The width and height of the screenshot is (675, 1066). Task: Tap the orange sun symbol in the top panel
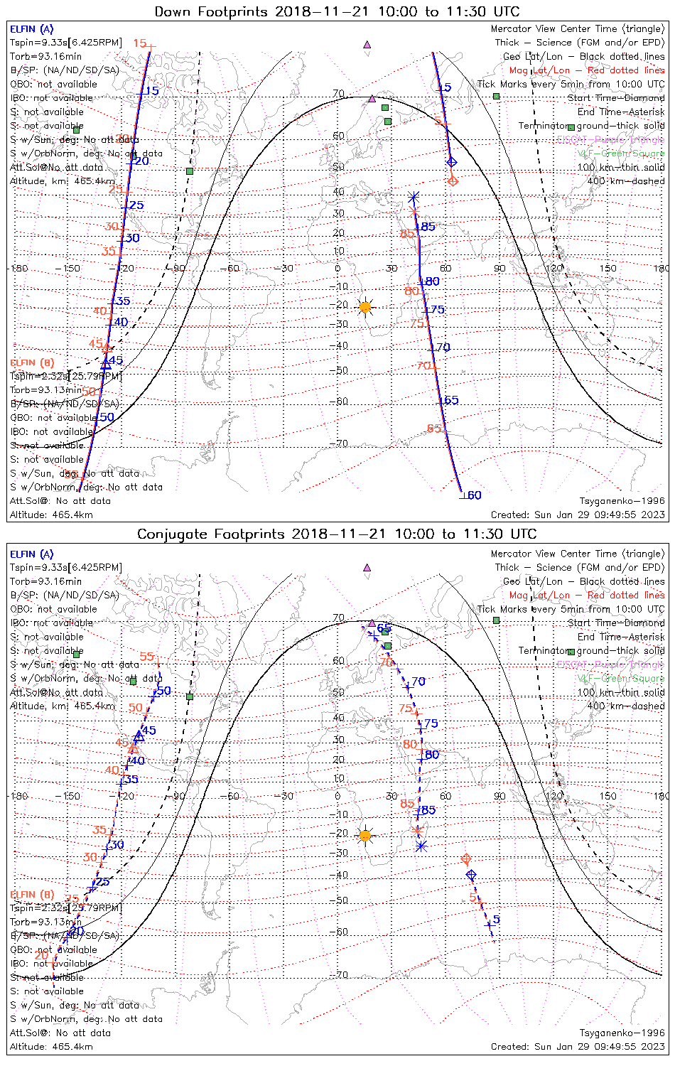pos(365,307)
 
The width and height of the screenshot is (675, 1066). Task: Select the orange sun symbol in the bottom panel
pos(365,835)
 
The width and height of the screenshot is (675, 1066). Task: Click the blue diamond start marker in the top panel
pos(451,162)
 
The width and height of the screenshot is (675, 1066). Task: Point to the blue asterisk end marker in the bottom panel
pos(421,846)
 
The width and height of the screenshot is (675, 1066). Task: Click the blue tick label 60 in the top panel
pos(474,495)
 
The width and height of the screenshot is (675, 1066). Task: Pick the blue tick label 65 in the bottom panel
pos(384,628)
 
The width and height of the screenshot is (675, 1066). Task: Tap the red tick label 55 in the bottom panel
pos(147,657)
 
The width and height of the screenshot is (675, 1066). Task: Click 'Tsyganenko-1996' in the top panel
pos(622,501)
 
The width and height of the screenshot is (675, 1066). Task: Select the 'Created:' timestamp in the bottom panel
pos(578,1047)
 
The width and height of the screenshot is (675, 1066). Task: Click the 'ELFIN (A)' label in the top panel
pos(31,29)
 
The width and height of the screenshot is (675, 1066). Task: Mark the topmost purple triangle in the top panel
pos(367,44)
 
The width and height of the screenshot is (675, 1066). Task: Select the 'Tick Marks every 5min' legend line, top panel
pos(571,84)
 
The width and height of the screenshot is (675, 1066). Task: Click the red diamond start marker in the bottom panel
pos(466,860)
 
